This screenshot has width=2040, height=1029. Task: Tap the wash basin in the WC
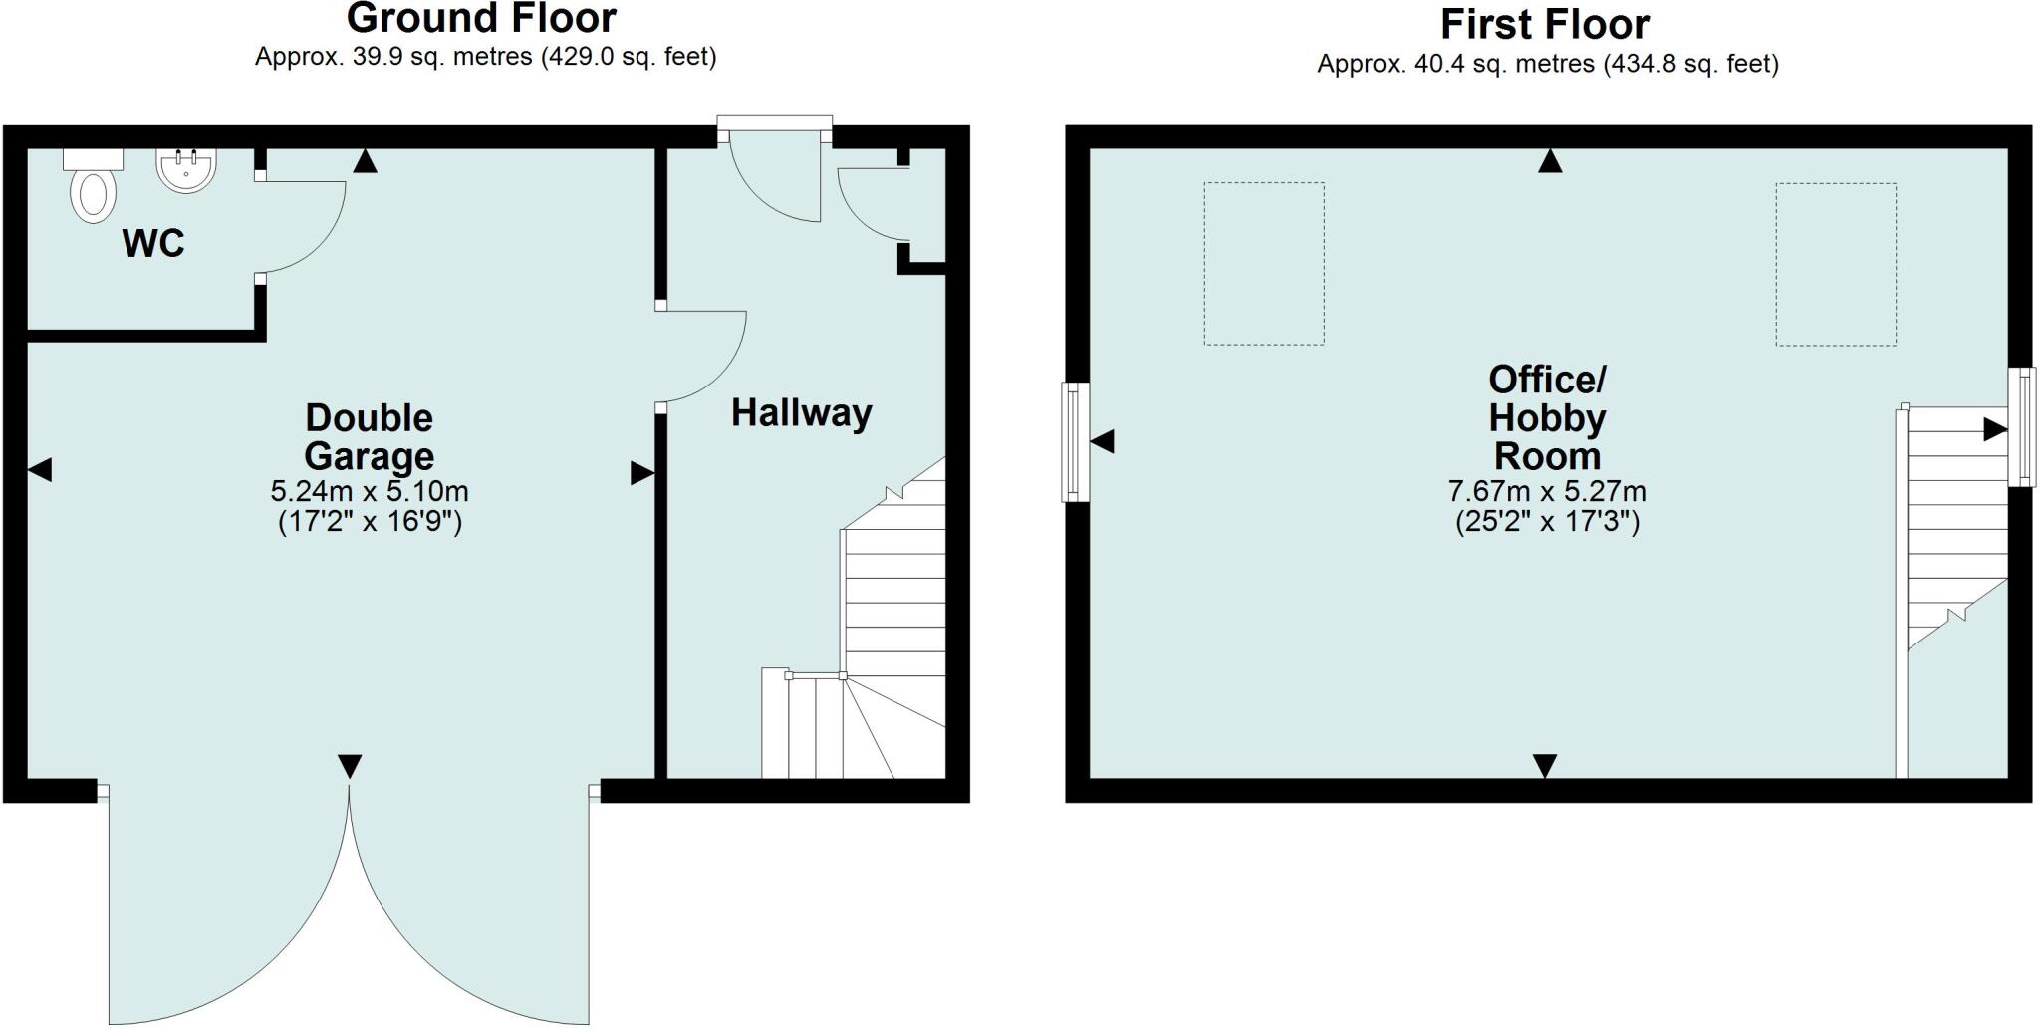pyautogui.click(x=186, y=170)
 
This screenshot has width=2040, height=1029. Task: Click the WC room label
pyautogui.click(x=153, y=243)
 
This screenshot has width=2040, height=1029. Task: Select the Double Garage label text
pyautogui.click(x=370, y=436)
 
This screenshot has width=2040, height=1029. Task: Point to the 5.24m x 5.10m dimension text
pyautogui.click(x=370, y=491)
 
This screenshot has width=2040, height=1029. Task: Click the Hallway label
pyautogui.click(x=801, y=412)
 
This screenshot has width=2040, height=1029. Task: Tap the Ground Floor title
pyautogui.click(x=481, y=18)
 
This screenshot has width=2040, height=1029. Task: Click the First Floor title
pyautogui.click(x=1545, y=24)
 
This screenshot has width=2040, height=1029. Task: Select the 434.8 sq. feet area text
pyautogui.click(x=1690, y=65)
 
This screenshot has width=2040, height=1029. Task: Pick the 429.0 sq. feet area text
pyautogui.click(x=628, y=57)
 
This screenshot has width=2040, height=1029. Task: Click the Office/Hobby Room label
pyautogui.click(x=1547, y=417)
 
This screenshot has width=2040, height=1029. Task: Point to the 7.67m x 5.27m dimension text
pyautogui.click(x=1547, y=491)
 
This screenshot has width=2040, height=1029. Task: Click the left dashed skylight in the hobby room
pyautogui.click(x=1264, y=264)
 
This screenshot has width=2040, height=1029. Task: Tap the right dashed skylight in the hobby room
pyautogui.click(x=1835, y=265)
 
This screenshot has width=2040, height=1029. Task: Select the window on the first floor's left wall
pyautogui.click(x=1075, y=441)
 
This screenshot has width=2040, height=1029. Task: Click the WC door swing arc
pyautogui.click(x=304, y=227)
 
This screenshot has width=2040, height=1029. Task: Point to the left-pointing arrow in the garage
pyautogui.click(x=40, y=470)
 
